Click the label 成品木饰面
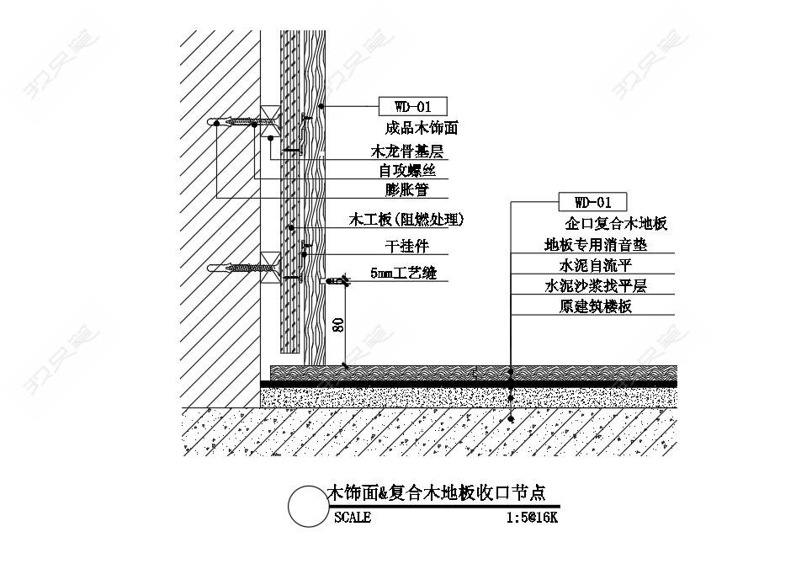coord(421,128)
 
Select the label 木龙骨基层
coord(407,152)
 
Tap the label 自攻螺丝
coord(407,171)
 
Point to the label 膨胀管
coord(407,189)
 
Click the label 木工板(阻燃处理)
coord(406,220)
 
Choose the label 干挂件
coord(407,246)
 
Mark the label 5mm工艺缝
coord(403,273)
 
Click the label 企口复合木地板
coord(616,224)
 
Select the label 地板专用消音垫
coord(596,245)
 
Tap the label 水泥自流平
coord(596,265)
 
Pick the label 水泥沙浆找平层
coord(596,286)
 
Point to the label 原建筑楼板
coord(596,306)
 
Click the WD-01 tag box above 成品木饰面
coord(413,107)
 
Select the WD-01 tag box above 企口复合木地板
coord(592,201)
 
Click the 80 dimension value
coord(338,325)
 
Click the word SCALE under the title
coord(353,517)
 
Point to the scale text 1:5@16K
coord(532,517)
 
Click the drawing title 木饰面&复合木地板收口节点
coord(437,492)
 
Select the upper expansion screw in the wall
coord(241,122)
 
